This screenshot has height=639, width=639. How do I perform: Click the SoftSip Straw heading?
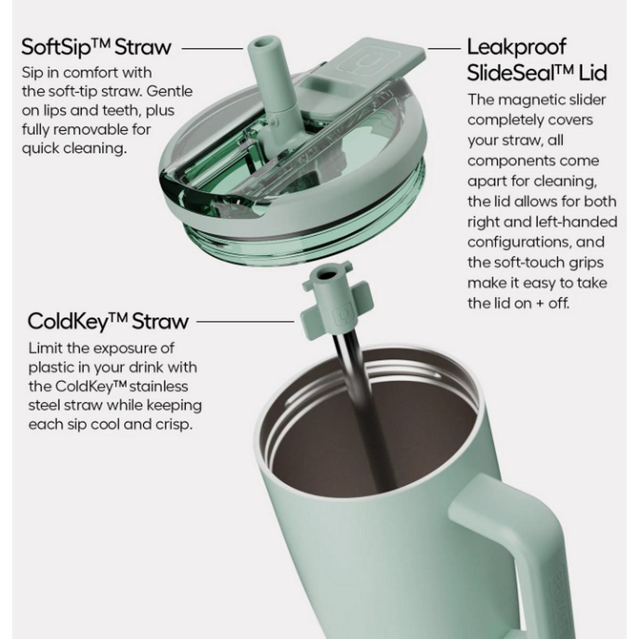tap(96, 48)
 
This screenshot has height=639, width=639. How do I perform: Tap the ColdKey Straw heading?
tap(108, 322)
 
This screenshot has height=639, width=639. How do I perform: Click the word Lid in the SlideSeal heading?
tap(593, 73)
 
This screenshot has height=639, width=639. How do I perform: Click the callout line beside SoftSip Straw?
tap(212, 48)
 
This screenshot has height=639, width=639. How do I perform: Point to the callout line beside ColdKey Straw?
tap(245, 321)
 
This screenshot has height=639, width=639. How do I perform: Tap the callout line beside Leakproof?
tap(444, 48)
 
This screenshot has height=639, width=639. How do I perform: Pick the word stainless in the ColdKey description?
tap(159, 387)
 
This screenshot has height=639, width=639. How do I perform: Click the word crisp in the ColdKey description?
tap(175, 425)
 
